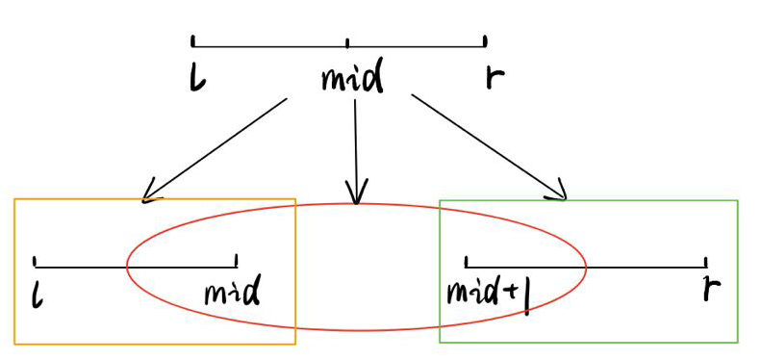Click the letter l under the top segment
click(197, 78)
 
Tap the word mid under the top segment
click(352, 78)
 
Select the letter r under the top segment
click(494, 77)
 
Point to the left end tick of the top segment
click(193, 41)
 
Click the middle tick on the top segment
click(347, 42)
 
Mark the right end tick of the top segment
click(485, 41)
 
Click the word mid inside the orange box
click(232, 292)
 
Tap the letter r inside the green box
click(711, 288)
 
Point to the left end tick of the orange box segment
click(35, 261)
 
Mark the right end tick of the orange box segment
click(236, 261)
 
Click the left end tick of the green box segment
click(467, 261)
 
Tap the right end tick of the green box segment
click(705, 262)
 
